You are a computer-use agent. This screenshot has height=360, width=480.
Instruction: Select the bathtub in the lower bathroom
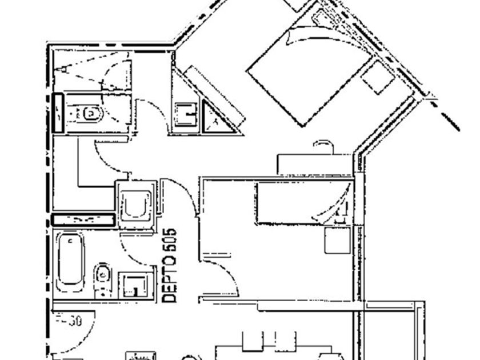(71, 261)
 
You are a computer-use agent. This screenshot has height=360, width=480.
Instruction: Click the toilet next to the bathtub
(102, 279)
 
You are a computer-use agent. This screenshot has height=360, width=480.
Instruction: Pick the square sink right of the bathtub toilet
(135, 285)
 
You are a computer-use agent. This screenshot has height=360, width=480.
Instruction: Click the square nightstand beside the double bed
(378, 77)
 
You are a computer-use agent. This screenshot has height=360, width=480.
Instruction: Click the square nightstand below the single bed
(337, 240)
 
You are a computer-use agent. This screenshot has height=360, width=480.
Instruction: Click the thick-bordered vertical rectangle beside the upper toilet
(58, 113)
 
